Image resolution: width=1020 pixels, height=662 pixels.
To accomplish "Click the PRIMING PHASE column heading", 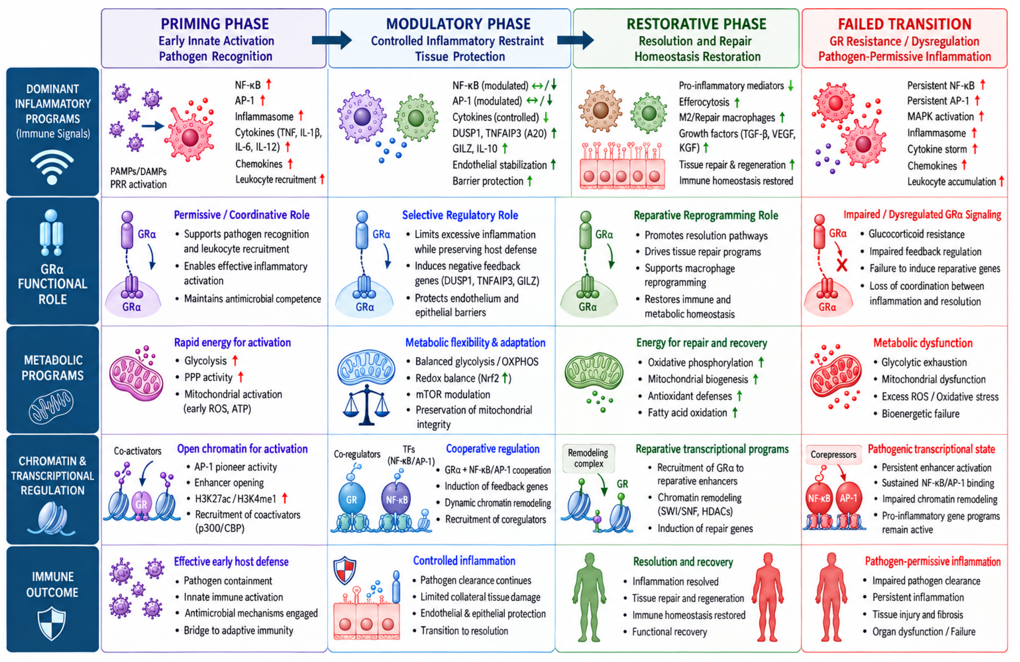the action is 215,24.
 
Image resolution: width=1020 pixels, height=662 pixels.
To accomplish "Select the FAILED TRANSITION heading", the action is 904,24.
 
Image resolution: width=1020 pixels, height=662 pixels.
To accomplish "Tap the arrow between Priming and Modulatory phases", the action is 331,40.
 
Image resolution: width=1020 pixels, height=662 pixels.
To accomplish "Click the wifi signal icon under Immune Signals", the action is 52,167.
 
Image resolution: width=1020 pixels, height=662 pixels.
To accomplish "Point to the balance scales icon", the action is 366,405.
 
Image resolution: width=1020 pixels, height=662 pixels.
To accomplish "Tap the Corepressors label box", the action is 833,454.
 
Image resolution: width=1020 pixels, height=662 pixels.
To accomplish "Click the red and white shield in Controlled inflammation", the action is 345,570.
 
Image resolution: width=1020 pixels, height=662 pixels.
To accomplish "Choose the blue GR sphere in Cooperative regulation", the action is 351,499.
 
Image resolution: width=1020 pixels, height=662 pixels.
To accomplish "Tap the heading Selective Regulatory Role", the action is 460,215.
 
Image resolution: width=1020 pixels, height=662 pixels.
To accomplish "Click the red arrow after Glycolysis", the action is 235,360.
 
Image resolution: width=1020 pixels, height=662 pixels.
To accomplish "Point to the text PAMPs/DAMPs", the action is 138,171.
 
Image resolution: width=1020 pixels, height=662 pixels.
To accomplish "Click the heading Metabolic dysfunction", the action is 923,343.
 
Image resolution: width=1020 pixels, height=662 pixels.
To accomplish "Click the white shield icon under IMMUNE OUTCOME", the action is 52,623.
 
